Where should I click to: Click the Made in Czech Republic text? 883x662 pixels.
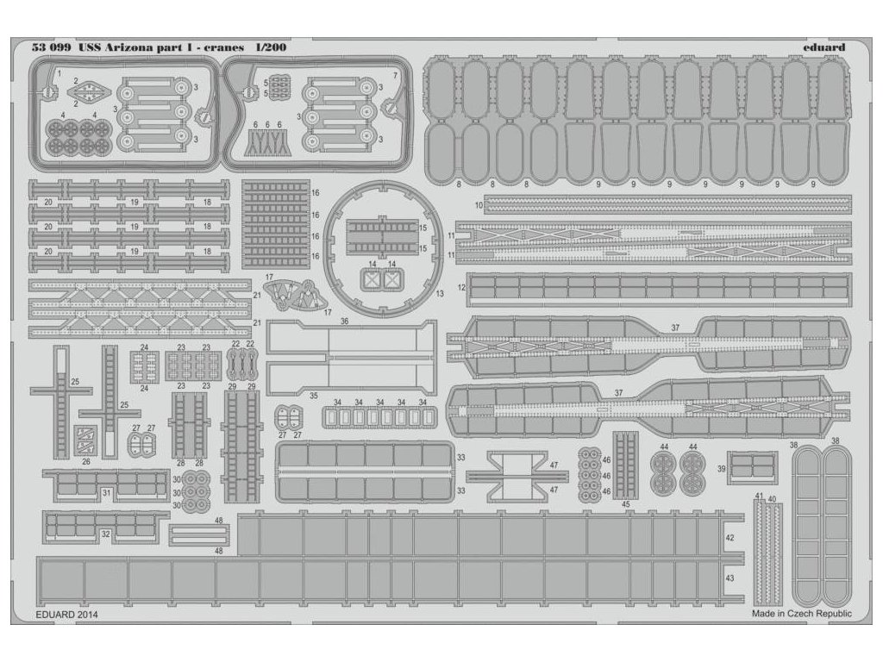point(801,614)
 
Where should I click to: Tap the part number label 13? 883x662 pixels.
point(440,294)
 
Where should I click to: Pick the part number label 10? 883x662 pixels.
point(479,205)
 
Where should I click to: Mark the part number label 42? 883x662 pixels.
point(730,537)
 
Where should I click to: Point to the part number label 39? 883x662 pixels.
point(721,467)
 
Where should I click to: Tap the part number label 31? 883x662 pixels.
point(106,492)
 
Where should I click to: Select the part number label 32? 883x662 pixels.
point(105,534)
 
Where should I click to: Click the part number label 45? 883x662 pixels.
point(626,504)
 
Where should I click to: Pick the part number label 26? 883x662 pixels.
point(85,461)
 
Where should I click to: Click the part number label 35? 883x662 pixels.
point(313,396)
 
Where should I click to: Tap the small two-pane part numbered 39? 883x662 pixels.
point(753,466)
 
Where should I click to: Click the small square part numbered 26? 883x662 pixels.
point(85,440)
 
